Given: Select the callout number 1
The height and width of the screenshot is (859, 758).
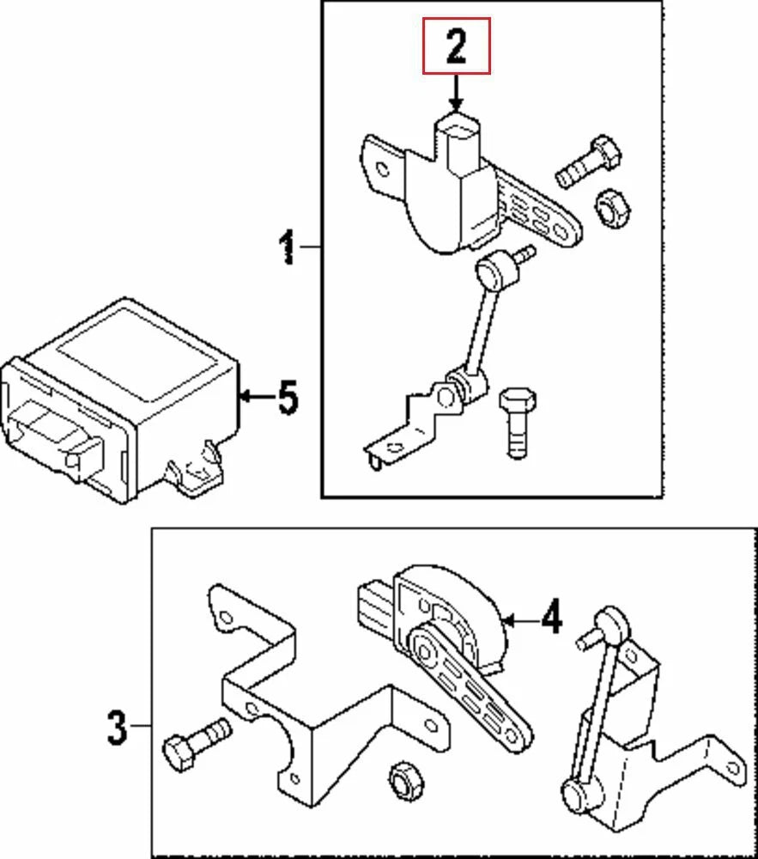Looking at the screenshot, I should pos(288,247).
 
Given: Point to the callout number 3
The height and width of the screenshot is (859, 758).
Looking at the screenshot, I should pos(117,728).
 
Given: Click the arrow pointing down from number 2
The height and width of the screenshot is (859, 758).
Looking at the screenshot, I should pos(456,93).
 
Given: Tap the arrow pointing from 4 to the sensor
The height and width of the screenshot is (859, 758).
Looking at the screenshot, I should pos(516,618).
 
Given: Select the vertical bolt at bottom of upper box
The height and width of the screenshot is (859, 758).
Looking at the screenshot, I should pos(517,423).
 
